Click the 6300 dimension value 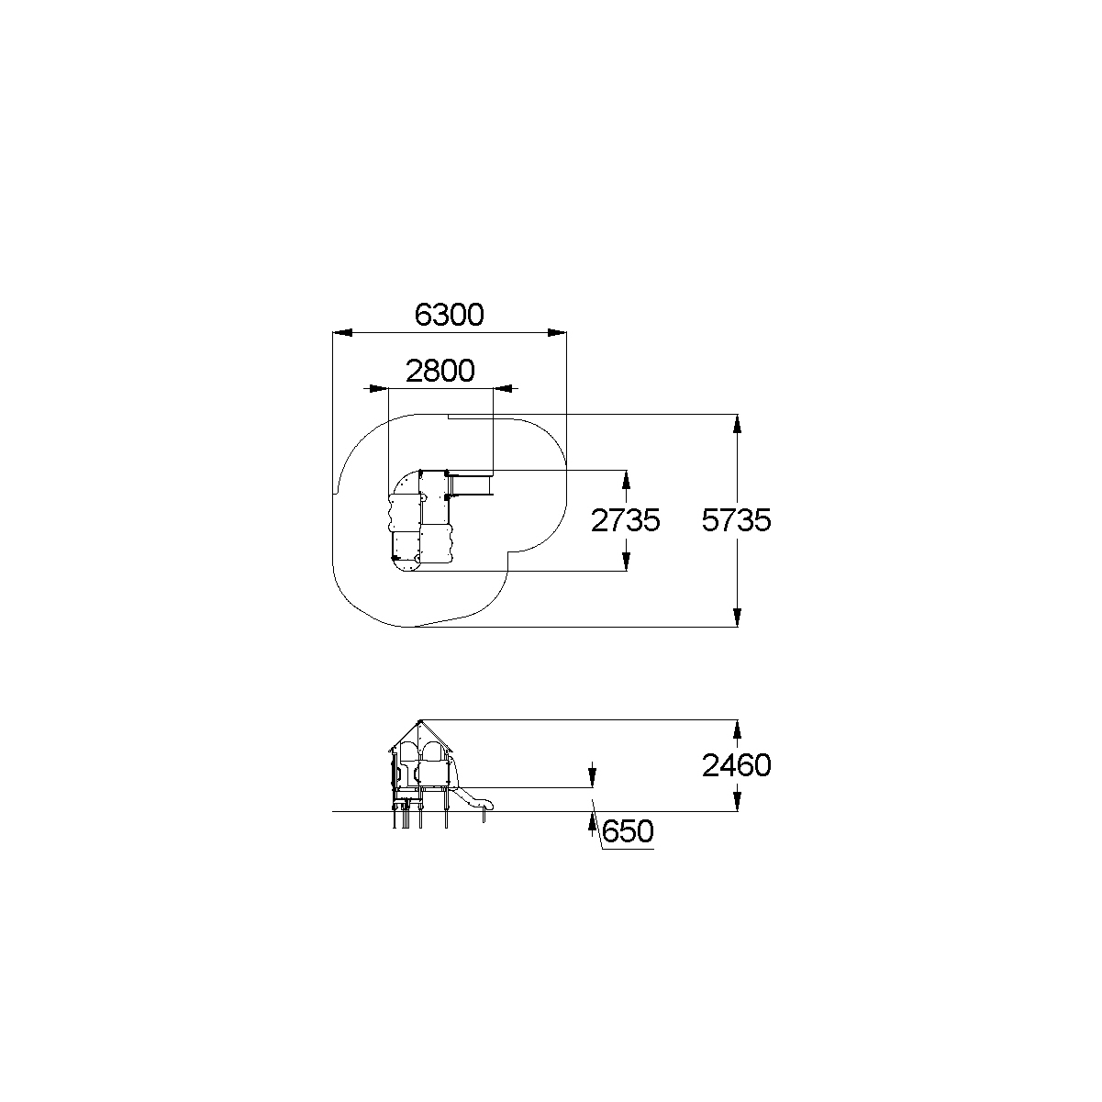(x=449, y=315)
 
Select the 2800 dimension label (x=440, y=371)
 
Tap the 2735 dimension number (x=625, y=520)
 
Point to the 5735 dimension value (x=737, y=520)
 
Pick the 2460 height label (x=737, y=765)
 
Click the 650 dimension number (x=628, y=831)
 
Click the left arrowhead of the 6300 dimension (x=342, y=333)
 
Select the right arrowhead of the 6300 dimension (x=557, y=333)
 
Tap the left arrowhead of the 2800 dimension (x=379, y=389)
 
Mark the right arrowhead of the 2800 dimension (x=503, y=389)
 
